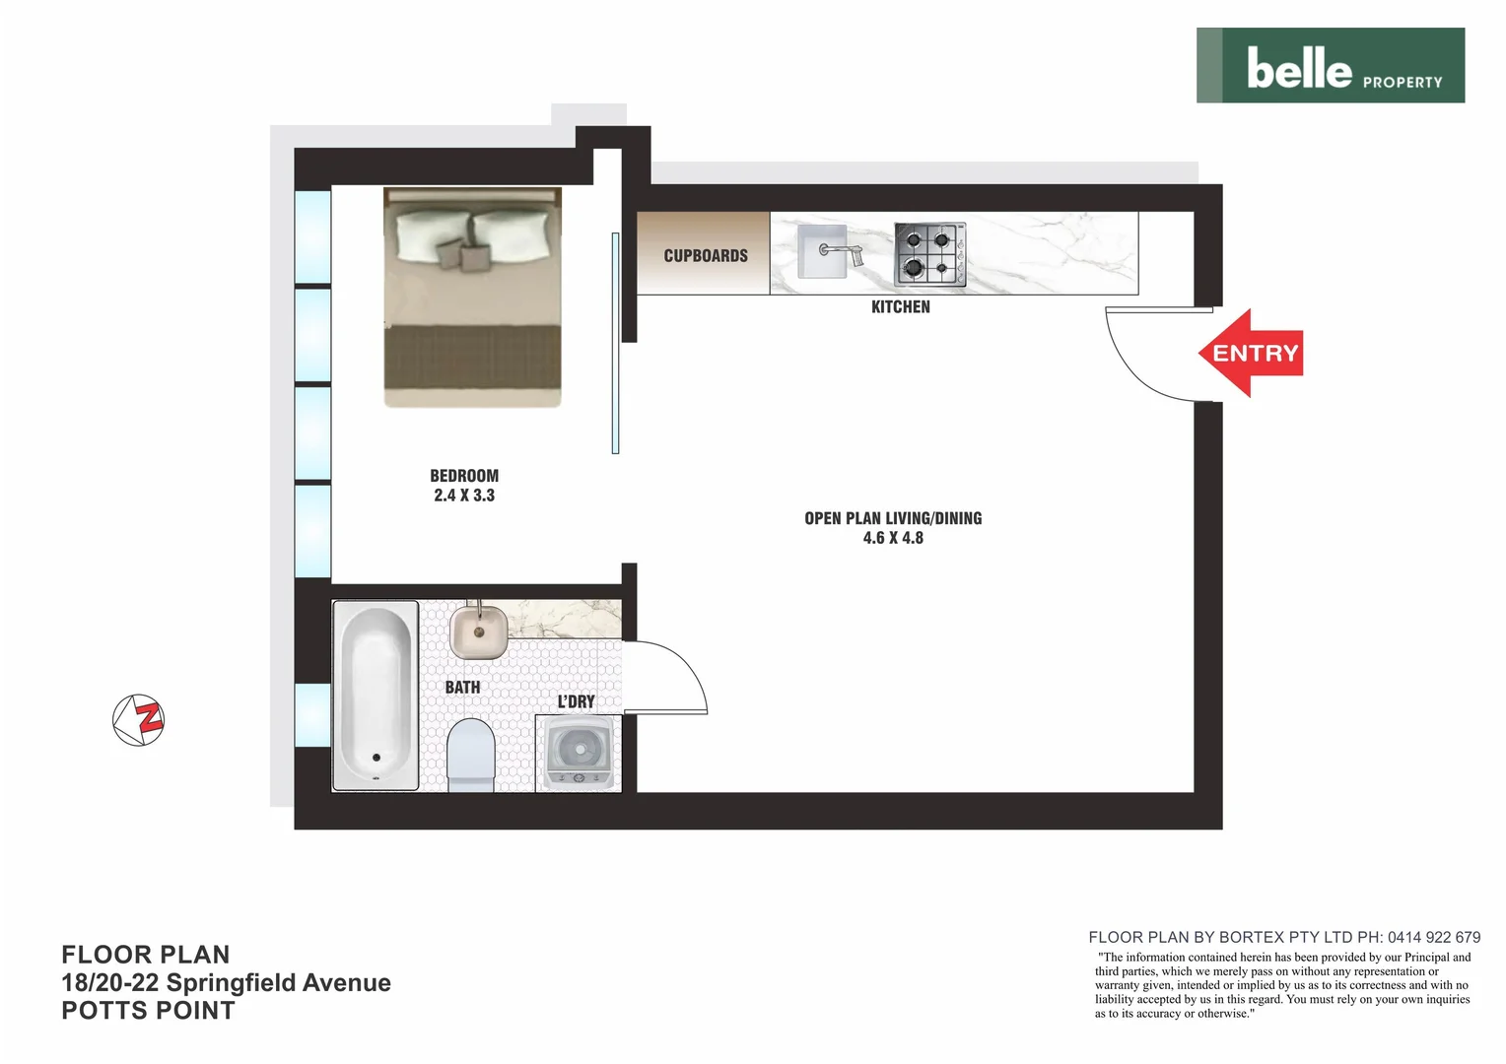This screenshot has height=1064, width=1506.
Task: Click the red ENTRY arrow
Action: pos(1252,353)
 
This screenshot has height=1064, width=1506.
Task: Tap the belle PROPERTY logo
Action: pos(1331,66)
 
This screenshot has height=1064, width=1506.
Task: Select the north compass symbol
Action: pos(139,719)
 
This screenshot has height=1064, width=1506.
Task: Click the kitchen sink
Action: pos(823,251)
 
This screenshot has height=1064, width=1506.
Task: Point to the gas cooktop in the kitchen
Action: pos(929,254)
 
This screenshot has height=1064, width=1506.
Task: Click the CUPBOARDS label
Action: pos(706,256)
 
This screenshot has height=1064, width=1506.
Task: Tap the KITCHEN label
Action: pos(900,307)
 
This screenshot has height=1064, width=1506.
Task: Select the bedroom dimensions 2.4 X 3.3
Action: pos(464,496)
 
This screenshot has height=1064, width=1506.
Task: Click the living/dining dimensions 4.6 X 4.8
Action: pos(893,538)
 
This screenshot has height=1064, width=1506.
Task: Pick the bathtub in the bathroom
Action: pos(375,695)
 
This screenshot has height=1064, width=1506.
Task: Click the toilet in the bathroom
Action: pos(470,755)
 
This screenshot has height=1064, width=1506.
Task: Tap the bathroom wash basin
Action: pos(479,632)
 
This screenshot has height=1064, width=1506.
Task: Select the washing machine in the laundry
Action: pos(580,754)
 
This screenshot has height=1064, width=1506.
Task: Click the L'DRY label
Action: pos(576,701)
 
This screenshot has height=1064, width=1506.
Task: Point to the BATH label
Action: pos(462,687)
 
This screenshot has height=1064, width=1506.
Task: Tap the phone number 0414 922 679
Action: pos(1433,937)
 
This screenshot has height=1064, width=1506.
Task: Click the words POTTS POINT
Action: pos(148,1011)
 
